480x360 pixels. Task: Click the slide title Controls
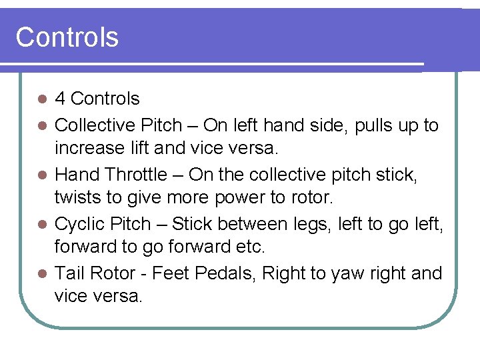click(x=67, y=37)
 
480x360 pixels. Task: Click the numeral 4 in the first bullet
click(x=60, y=99)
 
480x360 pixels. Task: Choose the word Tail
click(x=69, y=273)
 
